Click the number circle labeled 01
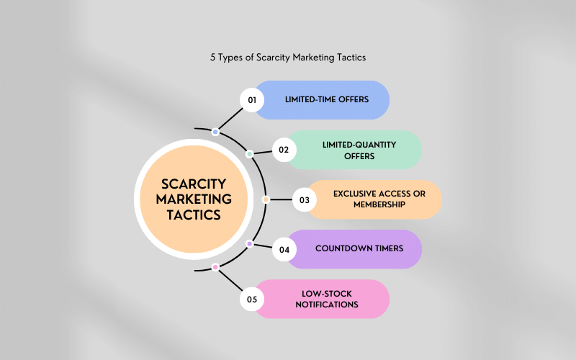coord(252,100)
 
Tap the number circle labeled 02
coord(284,150)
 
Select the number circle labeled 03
coord(304,199)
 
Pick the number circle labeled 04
coord(284,249)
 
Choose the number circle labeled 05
coord(252,299)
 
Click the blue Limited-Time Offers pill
coord(328,100)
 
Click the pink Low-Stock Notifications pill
coord(328,299)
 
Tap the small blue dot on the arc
coord(215,132)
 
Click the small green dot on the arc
coord(249,154)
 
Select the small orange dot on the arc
coord(266,199)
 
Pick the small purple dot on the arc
coord(249,244)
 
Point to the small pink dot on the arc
coord(215,267)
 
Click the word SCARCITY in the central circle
coord(193,184)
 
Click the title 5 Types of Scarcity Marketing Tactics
coord(288,56)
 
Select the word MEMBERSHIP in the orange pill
coord(380,205)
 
